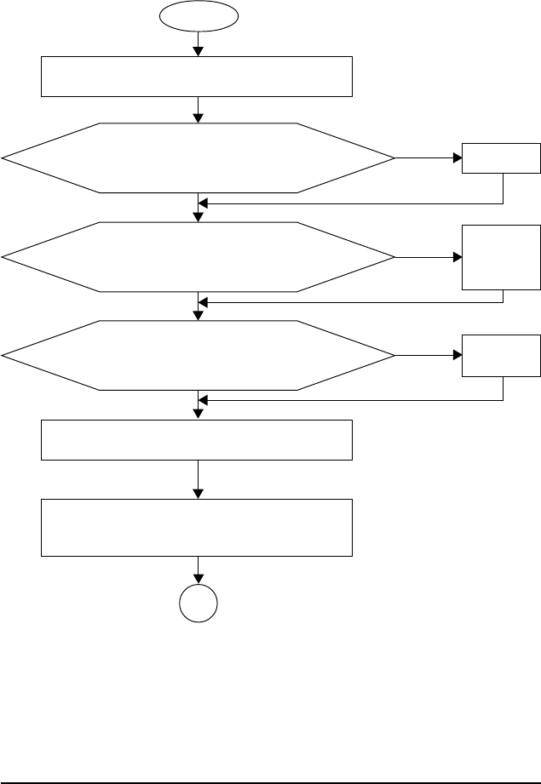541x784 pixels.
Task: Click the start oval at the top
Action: click(x=199, y=15)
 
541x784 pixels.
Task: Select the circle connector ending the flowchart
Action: click(x=199, y=608)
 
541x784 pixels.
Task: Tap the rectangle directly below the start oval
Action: click(x=198, y=77)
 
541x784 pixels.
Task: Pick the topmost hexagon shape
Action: click(x=199, y=157)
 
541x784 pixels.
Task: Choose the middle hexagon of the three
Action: click(x=199, y=256)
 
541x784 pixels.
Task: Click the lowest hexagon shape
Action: click(x=199, y=355)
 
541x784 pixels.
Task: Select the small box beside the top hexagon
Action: click(x=501, y=158)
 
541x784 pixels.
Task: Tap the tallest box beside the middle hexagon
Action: click(x=501, y=257)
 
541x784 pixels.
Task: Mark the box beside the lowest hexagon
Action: click(x=501, y=355)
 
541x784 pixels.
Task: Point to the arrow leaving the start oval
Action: click(x=199, y=43)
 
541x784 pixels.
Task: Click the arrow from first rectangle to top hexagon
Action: click(x=199, y=110)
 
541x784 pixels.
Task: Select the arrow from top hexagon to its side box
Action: click(x=428, y=158)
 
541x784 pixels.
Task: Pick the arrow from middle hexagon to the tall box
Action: click(x=428, y=257)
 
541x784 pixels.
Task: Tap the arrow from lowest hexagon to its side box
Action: click(x=428, y=355)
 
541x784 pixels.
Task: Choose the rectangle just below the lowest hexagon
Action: click(x=198, y=439)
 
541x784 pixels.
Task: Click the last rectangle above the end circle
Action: click(x=198, y=528)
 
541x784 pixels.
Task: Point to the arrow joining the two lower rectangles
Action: click(x=199, y=479)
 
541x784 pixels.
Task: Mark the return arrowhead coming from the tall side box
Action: click(x=204, y=302)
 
